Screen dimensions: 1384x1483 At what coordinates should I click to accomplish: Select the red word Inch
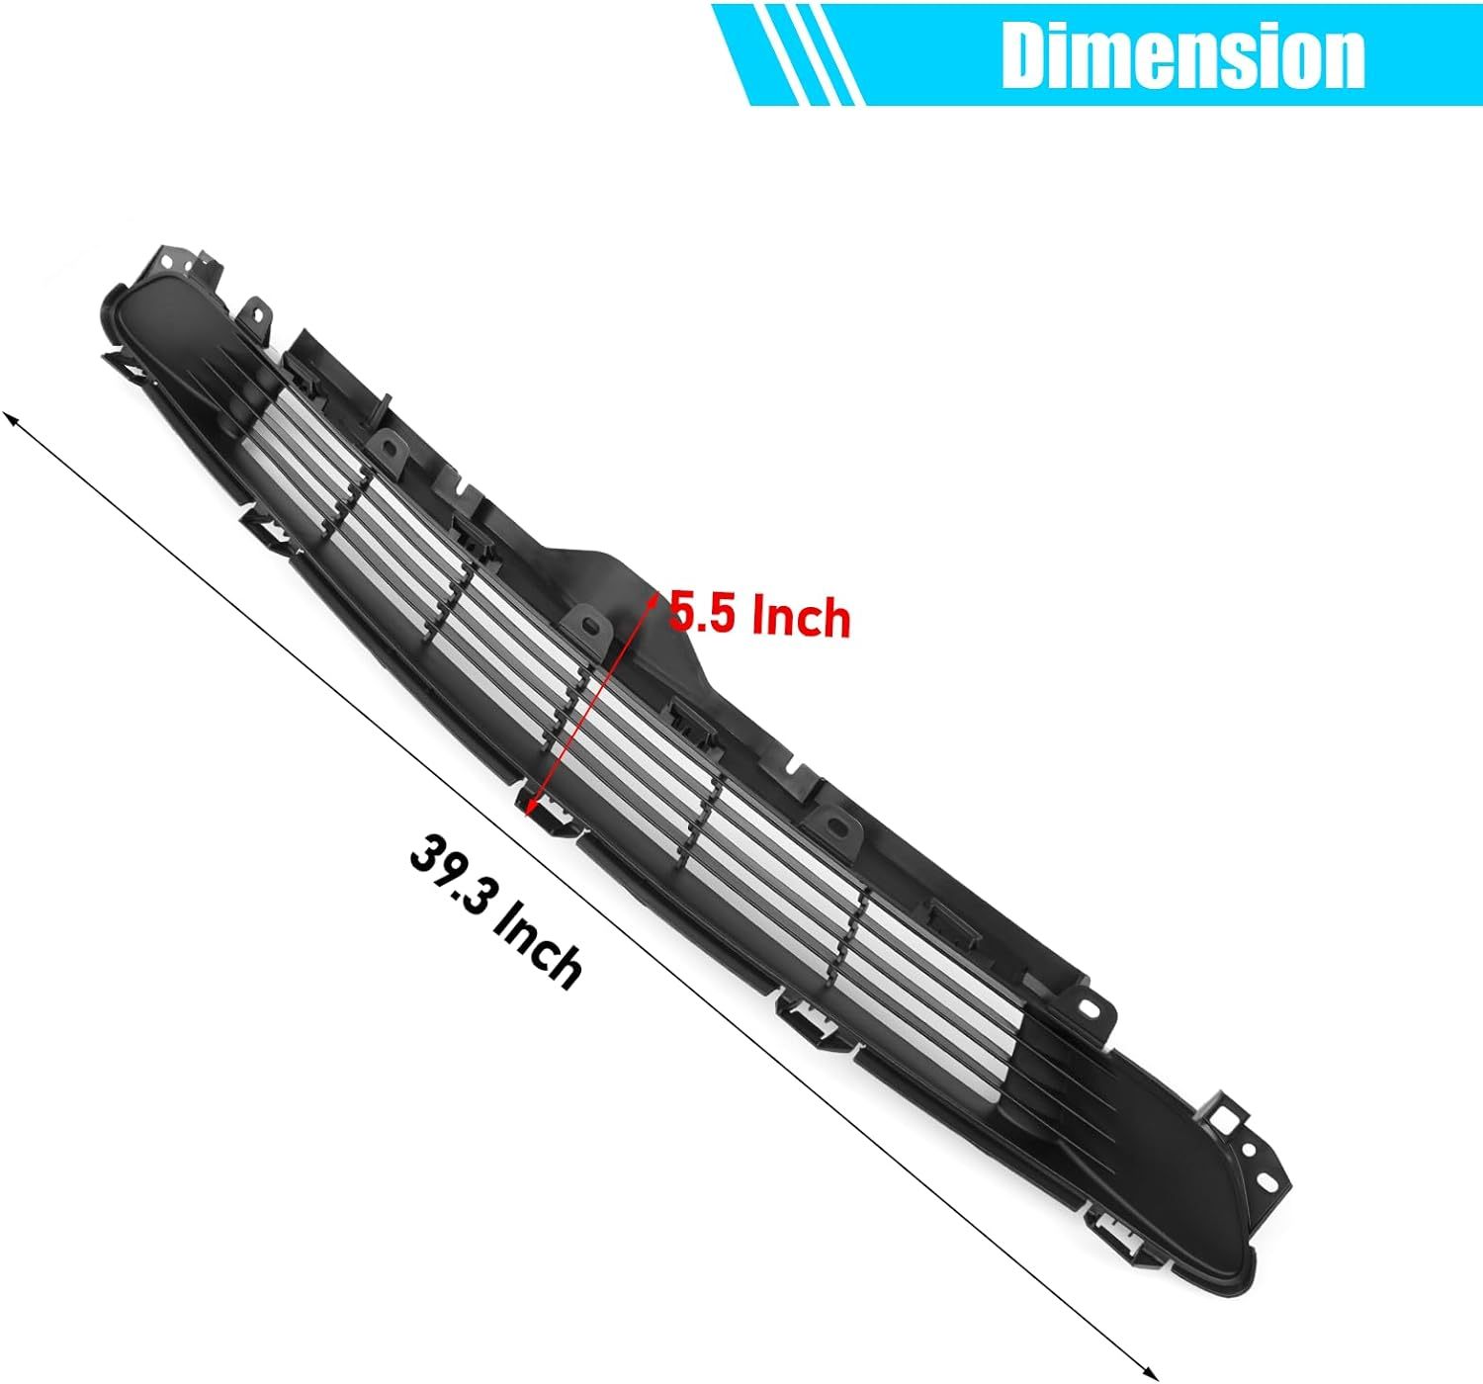pos(801,619)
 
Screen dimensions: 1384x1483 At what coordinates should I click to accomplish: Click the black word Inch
pos(539,951)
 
